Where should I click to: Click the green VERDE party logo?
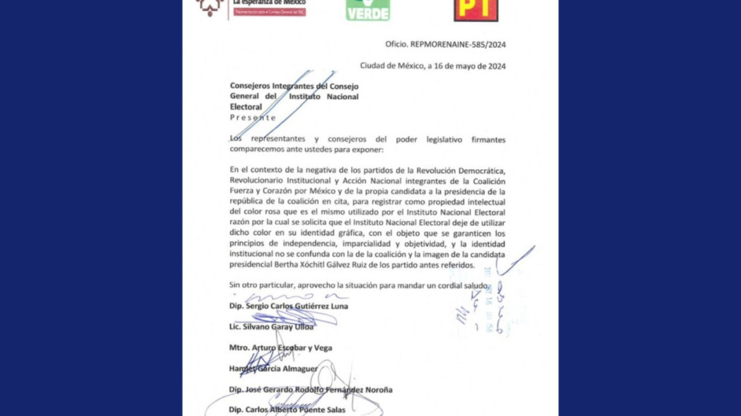[x=367, y=9]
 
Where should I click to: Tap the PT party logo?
[x=475, y=9]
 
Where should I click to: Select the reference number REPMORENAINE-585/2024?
[x=458, y=46]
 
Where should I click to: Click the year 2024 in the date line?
[x=493, y=66]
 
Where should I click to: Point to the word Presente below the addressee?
[x=253, y=117]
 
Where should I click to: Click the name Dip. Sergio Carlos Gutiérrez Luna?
[x=289, y=306]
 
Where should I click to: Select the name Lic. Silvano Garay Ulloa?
[x=271, y=326]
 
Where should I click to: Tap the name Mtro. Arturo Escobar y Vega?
[x=281, y=347]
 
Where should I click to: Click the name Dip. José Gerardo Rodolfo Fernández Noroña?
[x=311, y=389]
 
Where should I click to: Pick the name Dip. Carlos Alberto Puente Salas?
[x=287, y=410]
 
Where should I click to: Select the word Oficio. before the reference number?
[x=397, y=46]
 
